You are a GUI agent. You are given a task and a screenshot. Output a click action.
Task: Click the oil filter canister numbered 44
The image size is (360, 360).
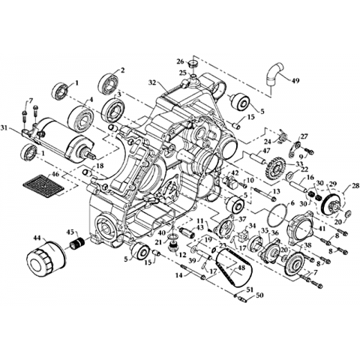pos(46,259)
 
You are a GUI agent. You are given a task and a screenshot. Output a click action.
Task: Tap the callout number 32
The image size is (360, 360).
pos(153,82)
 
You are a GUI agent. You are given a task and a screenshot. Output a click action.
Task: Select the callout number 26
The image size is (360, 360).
pos(181,61)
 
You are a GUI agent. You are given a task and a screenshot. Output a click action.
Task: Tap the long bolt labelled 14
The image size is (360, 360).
pos(192,272)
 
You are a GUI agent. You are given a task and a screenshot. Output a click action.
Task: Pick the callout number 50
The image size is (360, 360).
pos(259,295)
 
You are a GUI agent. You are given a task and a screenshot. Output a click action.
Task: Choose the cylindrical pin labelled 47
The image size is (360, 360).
pos(257,159)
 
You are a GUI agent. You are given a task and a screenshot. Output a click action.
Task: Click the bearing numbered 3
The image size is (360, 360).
pos(115,110)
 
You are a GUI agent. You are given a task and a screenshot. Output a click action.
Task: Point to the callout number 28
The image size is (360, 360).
pos(355,186)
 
